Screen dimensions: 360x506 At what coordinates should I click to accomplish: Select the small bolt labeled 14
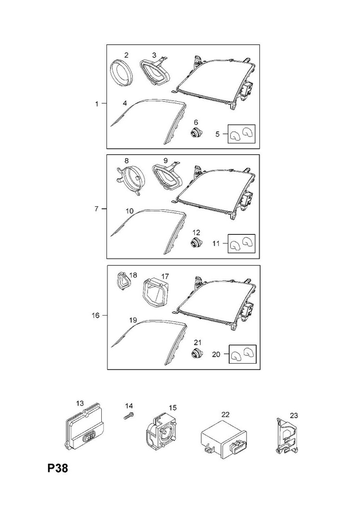129,416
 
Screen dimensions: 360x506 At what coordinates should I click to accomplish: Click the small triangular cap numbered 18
123,281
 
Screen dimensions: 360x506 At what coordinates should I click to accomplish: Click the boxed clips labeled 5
242,133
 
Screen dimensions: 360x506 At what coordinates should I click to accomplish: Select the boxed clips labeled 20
243,354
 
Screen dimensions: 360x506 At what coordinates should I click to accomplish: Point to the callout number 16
96,315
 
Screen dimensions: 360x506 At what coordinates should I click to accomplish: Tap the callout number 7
97,209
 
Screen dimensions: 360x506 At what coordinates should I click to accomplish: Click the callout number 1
97,104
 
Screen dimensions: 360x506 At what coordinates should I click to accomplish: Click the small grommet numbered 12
196,242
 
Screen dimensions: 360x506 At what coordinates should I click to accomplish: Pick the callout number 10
130,211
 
